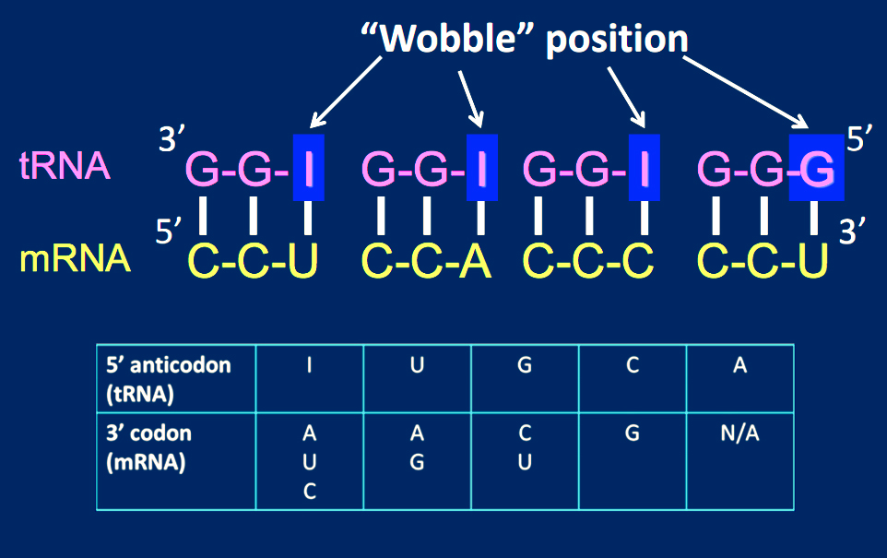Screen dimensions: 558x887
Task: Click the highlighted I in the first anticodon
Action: pos(309,168)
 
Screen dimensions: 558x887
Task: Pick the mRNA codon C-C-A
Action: pos(427,262)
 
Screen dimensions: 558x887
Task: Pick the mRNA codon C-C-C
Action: pos(588,262)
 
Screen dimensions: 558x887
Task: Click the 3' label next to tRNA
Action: pos(172,140)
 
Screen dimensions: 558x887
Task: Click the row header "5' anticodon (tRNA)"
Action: pos(175,377)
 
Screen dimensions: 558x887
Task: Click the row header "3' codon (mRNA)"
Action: pos(175,459)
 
